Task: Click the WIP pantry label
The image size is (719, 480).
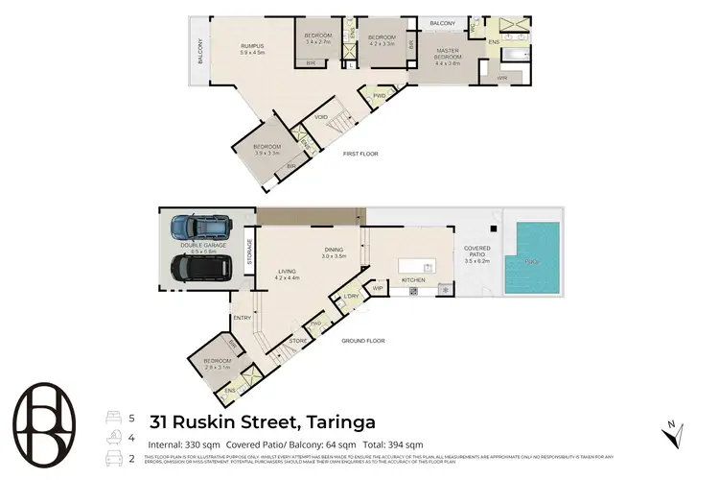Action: click(x=377, y=287)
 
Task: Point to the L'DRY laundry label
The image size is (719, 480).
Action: click(x=350, y=298)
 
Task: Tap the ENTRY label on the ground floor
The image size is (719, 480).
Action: click(x=241, y=319)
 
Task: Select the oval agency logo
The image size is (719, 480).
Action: click(x=49, y=422)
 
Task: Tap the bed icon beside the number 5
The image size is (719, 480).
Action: click(x=111, y=418)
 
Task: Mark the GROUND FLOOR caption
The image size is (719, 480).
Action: click(x=363, y=341)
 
